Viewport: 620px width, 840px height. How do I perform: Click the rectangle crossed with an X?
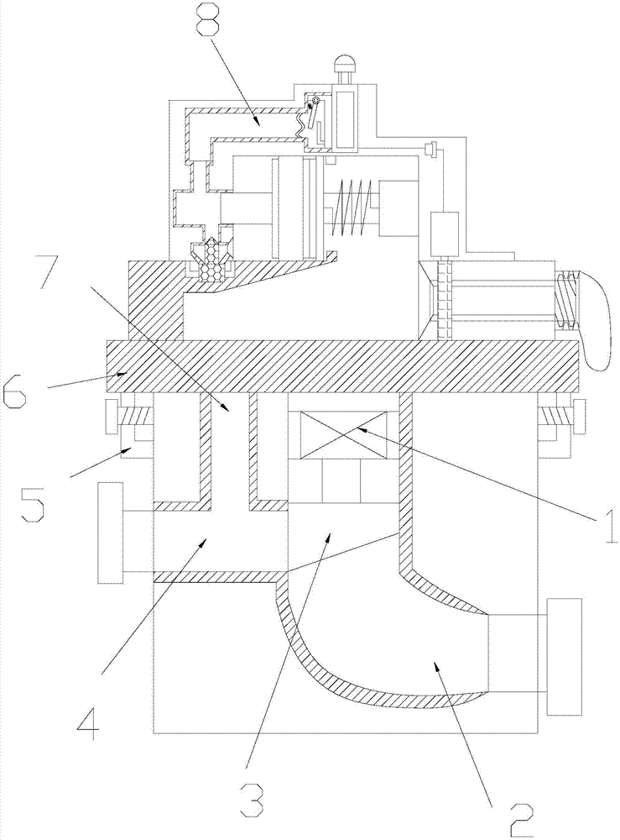339,435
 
